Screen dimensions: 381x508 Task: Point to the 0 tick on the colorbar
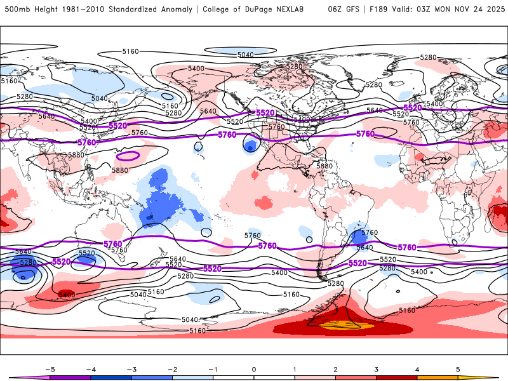(254, 369)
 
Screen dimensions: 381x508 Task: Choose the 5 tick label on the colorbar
(458, 369)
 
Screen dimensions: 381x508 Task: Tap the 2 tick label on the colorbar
(335, 369)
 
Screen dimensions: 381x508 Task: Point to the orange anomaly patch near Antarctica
(340, 326)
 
